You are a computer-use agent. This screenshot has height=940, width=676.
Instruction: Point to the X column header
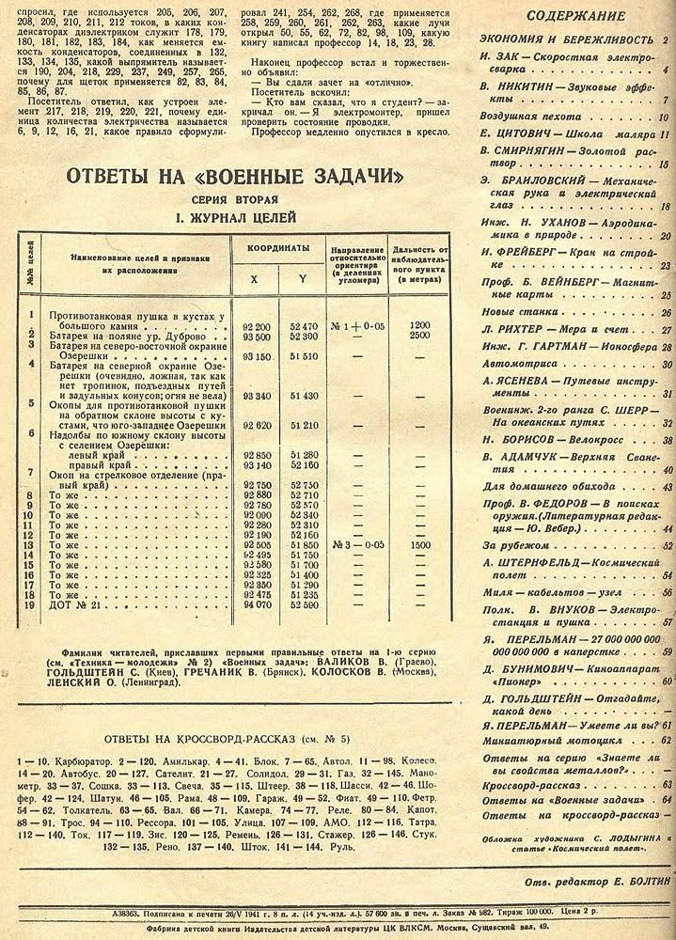(x=253, y=279)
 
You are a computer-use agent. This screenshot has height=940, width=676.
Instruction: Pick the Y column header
(x=303, y=279)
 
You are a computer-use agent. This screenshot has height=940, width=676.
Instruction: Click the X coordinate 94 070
(x=258, y=604)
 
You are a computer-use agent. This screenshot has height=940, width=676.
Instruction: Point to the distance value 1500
(x=419, y=543)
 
